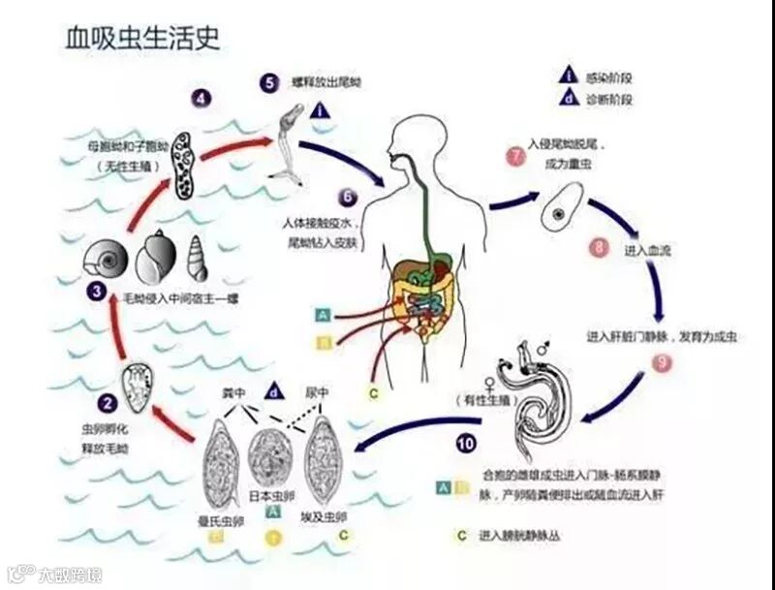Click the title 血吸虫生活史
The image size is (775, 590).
[142, 37]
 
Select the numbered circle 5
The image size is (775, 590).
[269, 82]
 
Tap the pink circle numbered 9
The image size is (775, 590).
[662, 363]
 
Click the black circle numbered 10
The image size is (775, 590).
[466, 444]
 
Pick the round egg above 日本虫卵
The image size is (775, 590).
[271, 461]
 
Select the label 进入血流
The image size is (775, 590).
[649, 250]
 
